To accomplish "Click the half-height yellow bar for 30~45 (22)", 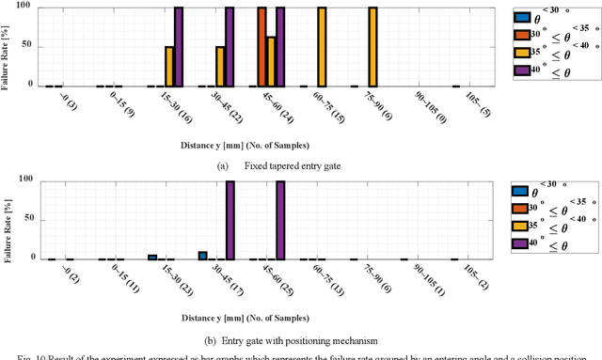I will [220, 66].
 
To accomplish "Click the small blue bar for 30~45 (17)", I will [202, 255].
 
